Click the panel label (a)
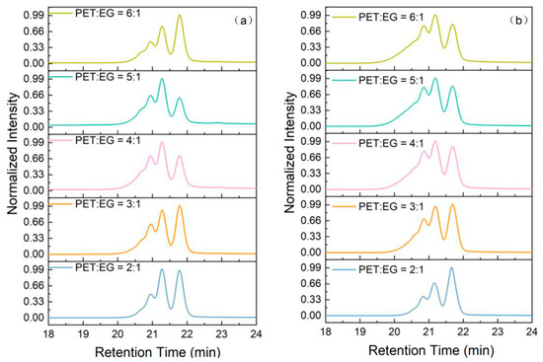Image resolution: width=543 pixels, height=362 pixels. click(x=244, y=21)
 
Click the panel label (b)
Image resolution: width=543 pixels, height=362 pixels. click(x=518, y=21)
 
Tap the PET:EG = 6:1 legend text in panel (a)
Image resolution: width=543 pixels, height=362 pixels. click(x=108, y=13)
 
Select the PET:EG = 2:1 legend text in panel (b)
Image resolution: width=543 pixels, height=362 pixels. click(x=391, y=269)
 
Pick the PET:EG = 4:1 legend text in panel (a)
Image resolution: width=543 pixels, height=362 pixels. click(x=108, y=140)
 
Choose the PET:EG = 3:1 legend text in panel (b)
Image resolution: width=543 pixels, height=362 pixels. click(x=391, y=206)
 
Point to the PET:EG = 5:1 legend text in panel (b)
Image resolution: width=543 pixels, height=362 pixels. click(x=391, y=80)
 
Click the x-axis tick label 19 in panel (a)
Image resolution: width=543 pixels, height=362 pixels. click(x=83, y=333)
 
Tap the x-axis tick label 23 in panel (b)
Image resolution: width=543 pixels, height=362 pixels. click(x=498, y=331)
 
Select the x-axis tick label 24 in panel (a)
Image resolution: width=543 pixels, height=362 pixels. click(x=256, y=333)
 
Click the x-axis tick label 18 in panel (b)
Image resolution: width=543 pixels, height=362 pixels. click(x=326, y=331)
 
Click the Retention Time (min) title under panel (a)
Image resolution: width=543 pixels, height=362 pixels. click(x=158, y=352)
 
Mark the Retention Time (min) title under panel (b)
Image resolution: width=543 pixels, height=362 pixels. click(x=431, y=350)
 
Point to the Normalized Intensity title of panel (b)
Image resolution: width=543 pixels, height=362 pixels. click(x=290, y=152)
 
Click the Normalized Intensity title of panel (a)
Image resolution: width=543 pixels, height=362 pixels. click(x=13, y=154)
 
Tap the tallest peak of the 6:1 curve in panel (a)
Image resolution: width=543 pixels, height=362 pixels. click(x=180, y=15)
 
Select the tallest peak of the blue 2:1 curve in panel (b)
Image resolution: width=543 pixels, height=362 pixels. click(x=451, y=267)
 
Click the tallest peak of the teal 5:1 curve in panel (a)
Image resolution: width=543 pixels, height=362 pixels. click(x=162, y=79)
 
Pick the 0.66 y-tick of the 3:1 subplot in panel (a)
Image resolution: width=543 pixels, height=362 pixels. click(x=34, y=222)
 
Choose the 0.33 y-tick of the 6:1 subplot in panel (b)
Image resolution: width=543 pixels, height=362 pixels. click(x=311, y=47)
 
